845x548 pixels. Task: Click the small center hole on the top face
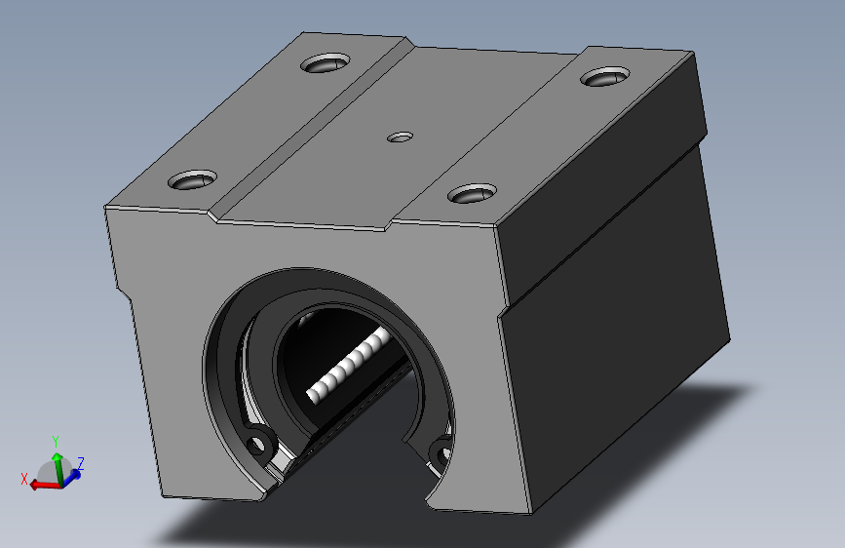tap(400, 137)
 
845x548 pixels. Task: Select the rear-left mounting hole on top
tap(326, 63)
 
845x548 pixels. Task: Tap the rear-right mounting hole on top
tap(605, 77)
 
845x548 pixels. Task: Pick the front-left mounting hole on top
tap(192, 179)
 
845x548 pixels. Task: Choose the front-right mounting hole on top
tap(472, 192)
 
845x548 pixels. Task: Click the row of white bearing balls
tap(349, 364)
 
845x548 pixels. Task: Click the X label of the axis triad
tap(24, 479)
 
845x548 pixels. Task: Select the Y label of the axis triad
tap(56, 442)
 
